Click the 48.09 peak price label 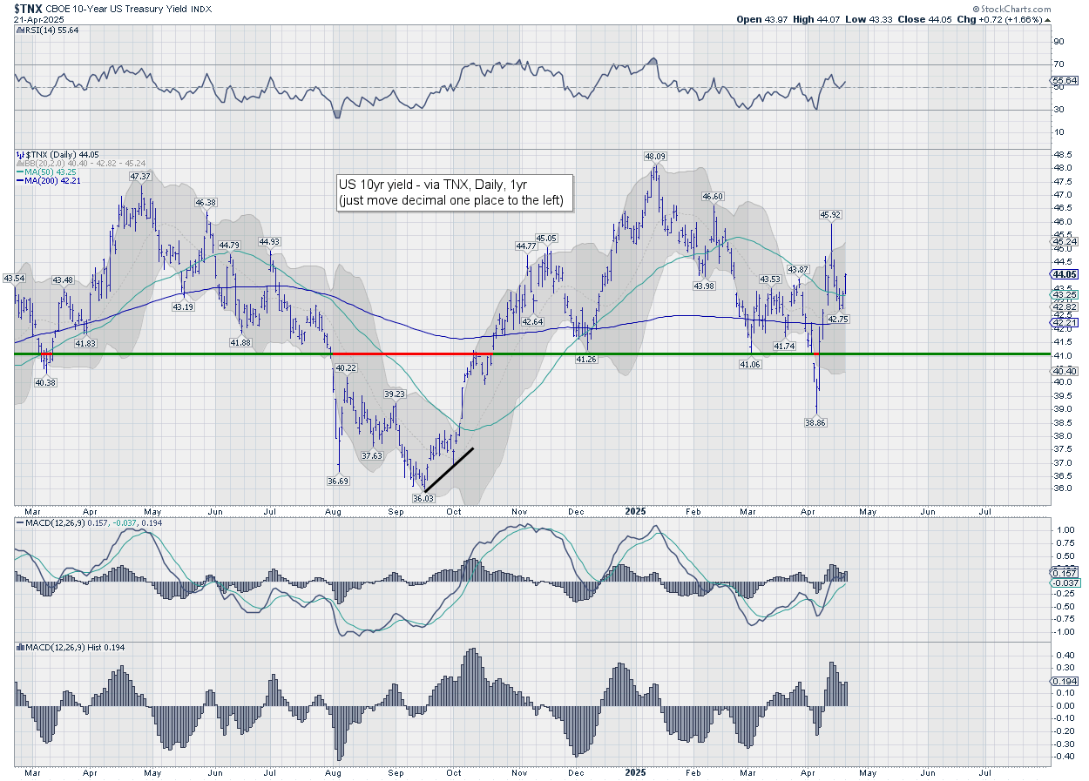[x=655, y=157]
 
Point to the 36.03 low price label [x=423, y=498]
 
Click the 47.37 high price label [x=141, y=176]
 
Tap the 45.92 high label [x=830, y=214]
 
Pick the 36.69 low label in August [x=338, y=481]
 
